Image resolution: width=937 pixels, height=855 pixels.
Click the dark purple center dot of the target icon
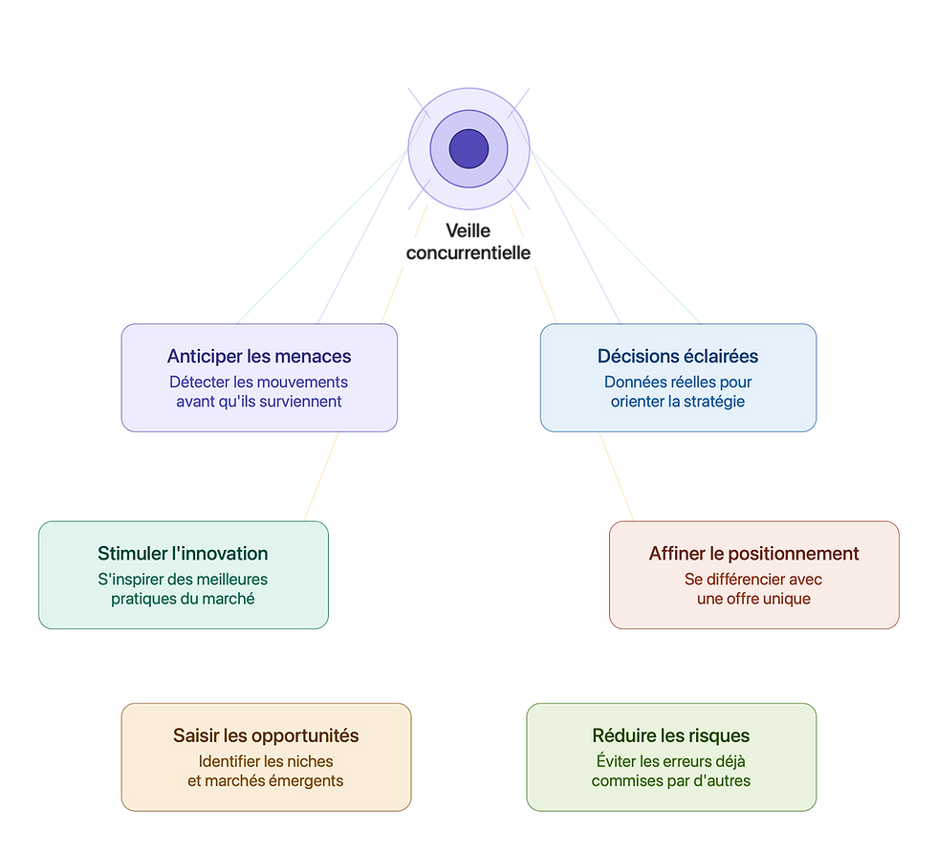(x=468, y=149)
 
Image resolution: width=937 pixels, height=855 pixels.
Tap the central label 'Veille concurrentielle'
(x=468, y=242)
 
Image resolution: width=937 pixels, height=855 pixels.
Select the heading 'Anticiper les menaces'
(x=259, y=357)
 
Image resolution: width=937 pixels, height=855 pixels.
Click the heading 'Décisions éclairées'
(x=678, y=357)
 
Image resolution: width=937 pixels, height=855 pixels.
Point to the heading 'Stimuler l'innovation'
(x=183, y=554)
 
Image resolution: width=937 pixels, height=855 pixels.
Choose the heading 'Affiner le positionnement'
(x=754, y=554)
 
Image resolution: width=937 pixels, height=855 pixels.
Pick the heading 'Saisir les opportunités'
(x=266, y=735)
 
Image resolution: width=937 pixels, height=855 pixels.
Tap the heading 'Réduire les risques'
(x=671, y=735)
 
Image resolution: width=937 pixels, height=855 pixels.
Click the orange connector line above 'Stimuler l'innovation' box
(x=321, y=476)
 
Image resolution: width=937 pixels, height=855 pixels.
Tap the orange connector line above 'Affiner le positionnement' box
(x=617, y=476)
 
